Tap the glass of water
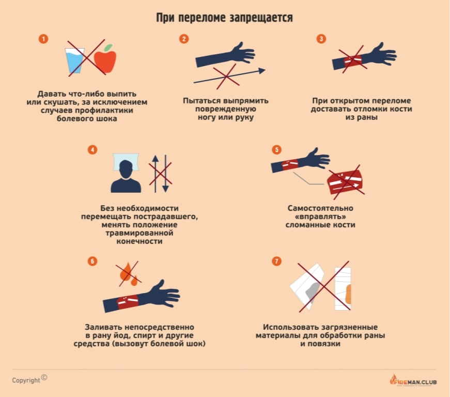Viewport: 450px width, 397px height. pyautogui.click(x=74, y=60)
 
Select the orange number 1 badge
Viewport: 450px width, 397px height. pyautogui.click(x=43, y=39)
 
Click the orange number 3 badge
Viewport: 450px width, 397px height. pyautogui.click(x=321, y=39)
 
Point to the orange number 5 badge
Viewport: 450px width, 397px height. pyautogui.click(x=276, y=149)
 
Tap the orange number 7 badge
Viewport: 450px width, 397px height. pyautogui.click(x=276, y=261)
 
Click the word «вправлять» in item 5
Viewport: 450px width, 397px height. pyautogui.click(x=320, y=217)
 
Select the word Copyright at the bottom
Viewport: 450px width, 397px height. pyautogui.click(x=26, y=380)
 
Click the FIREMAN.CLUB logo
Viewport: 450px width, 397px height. pyautogui.click(x=413, y=380)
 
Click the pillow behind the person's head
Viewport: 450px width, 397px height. pyautogui.click(x=126, y=161)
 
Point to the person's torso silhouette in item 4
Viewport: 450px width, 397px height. pyautogui.click(x=126, y=185)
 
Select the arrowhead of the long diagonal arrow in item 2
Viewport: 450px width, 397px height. pyautogui.click(x=262, y=71)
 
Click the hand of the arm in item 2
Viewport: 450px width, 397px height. pyautogui.click(x=243, y=53)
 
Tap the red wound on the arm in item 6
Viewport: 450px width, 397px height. pyautogui.click(x=128, y=302)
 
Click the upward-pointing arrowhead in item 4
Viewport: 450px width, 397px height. pyautogui.click(x=156, y=159)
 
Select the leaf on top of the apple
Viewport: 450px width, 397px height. pyautogui.click(x=108, y=48)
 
